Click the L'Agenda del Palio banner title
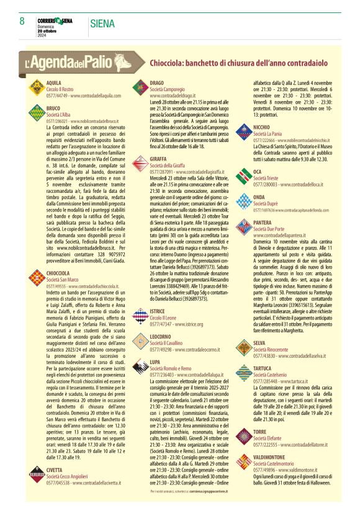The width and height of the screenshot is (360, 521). point(82,63)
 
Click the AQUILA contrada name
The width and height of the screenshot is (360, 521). point(53,82)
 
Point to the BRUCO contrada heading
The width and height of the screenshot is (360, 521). point(53,108)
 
